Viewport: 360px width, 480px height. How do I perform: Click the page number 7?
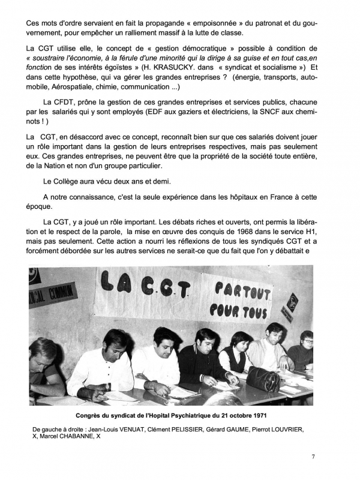[x=313, y=457]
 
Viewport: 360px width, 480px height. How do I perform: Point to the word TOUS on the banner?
[x=259, y=314]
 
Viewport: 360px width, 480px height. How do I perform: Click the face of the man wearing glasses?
[x=307, y=339]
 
